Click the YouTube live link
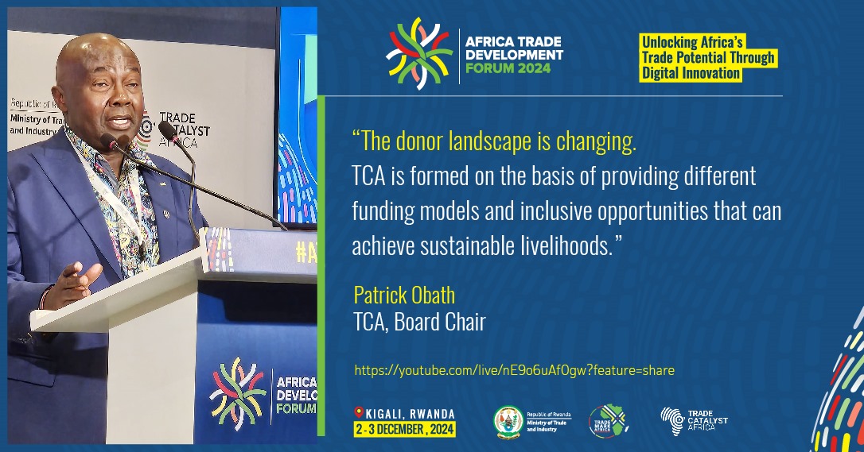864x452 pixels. click(514, 370)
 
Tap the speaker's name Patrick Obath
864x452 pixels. click(404, 296)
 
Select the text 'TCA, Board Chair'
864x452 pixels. click(419, 322)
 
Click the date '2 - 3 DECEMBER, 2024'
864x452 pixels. click(405, 428)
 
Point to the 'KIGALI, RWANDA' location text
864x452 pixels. click(410, 413)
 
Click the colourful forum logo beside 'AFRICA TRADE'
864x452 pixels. click(418, 53)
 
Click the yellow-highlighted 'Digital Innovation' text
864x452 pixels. click(691, 73)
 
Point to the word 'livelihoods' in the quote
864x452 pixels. click(566, 245)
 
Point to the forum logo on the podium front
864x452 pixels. click(237, 392)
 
